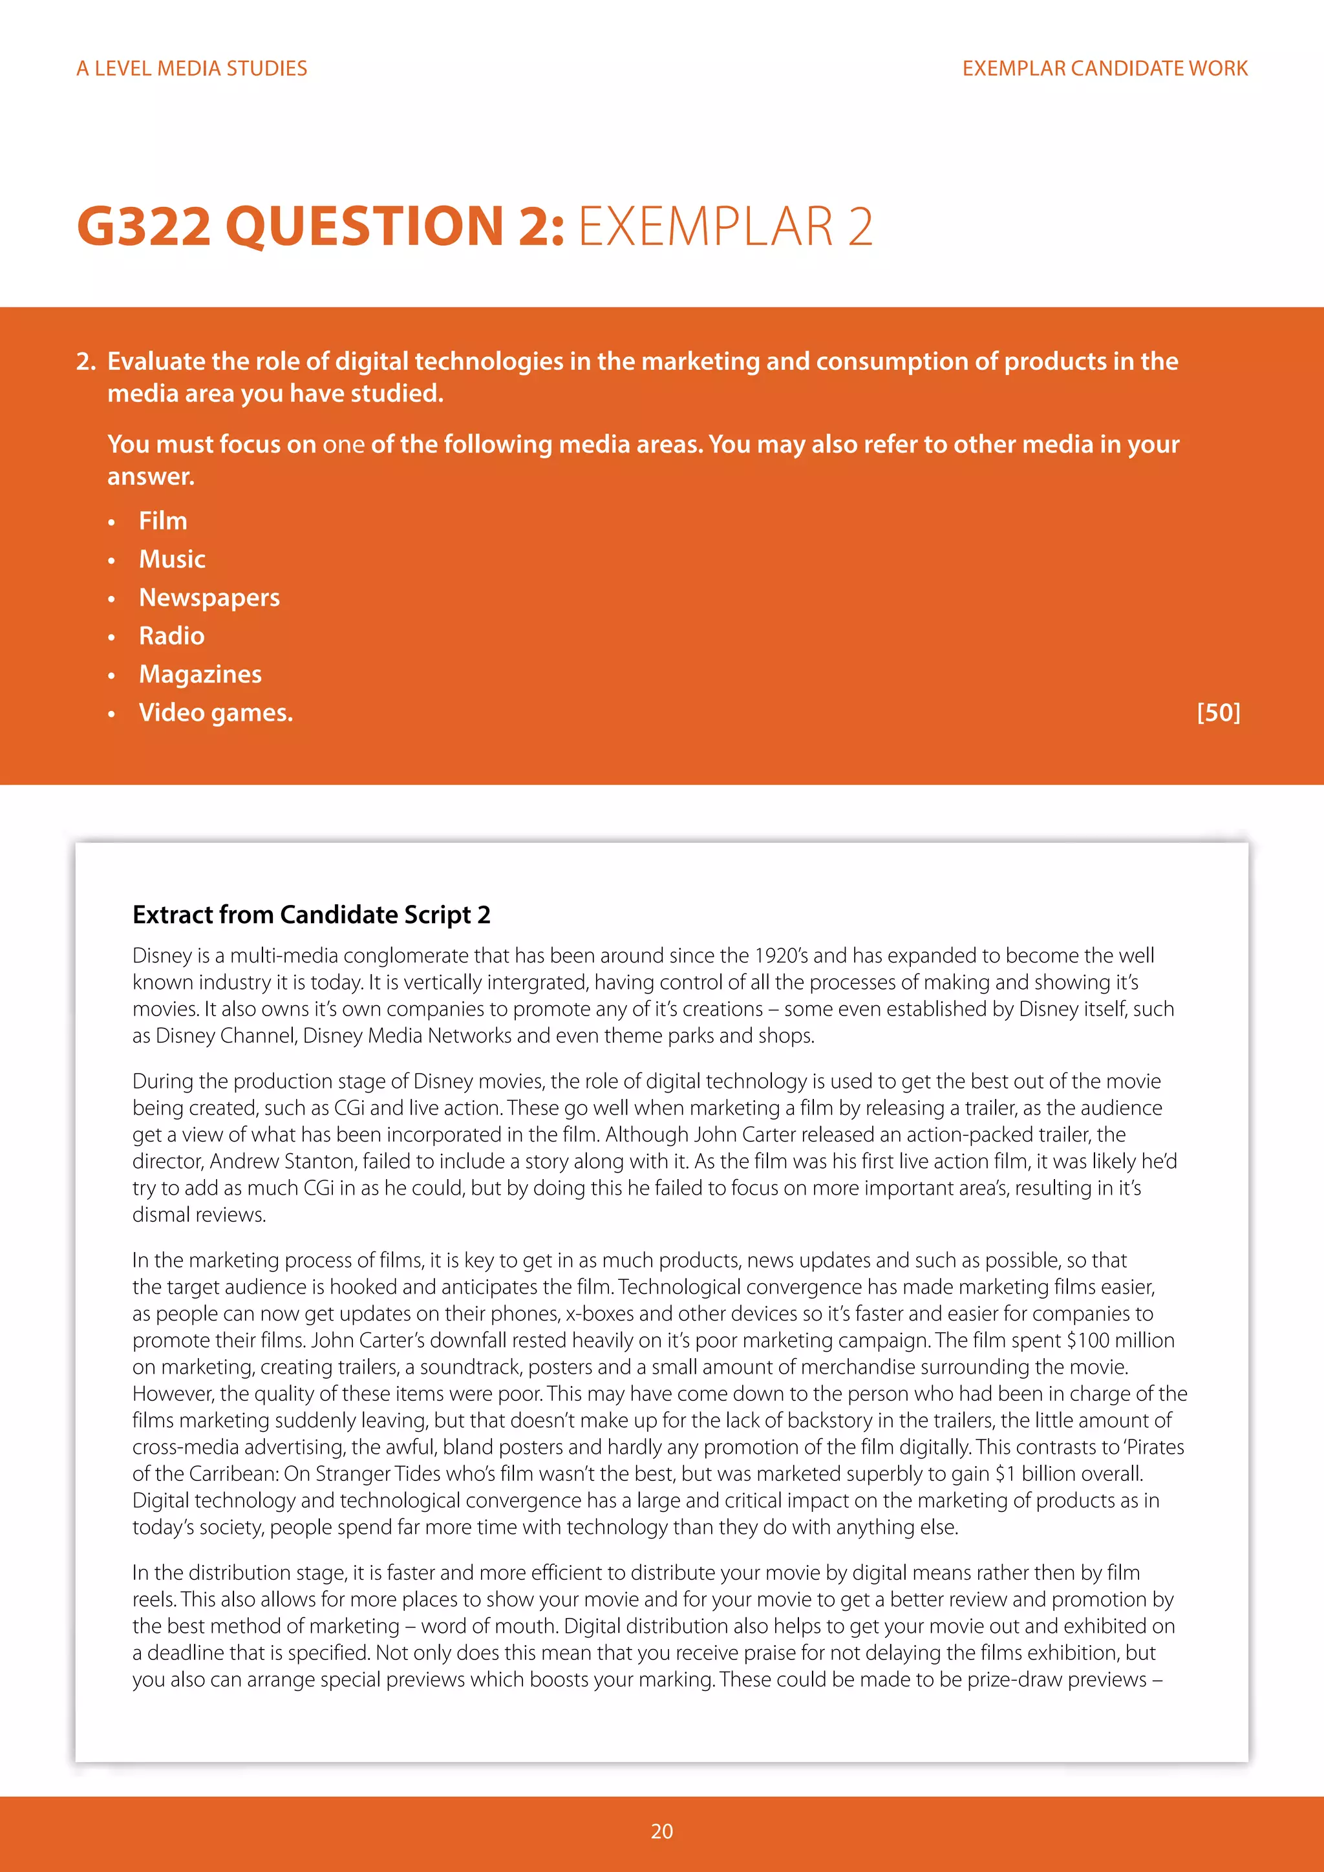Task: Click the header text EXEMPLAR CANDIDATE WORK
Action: [1105, 69]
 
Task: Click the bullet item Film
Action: [163, 521]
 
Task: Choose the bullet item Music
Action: [172, 559]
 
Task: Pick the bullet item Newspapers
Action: [209, 598]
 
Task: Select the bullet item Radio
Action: [171, 636]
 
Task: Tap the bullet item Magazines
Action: [200, 674]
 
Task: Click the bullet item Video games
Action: [215, 712]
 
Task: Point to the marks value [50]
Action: [1218, 712]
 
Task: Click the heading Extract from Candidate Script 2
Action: [312, 915]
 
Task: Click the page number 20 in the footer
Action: [662, 1831]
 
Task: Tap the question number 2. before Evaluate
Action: [87, 361]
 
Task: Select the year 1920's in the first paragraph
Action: [781, 955]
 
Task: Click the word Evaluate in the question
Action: [156, 361]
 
